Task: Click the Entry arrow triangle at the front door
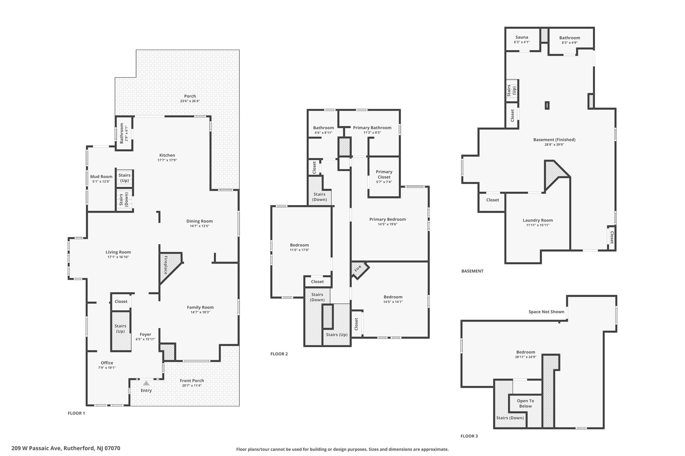tap(146, 383)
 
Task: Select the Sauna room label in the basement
tap(522, 37)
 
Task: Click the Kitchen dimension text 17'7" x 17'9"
tap(167, 160)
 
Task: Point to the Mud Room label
tap(101, 177)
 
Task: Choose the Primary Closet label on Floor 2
tap(384, 174)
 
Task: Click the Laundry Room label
tap(538, 220)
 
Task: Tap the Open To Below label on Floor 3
tap(525, 403)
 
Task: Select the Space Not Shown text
tap(546, 312)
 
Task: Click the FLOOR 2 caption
tap(279, 354)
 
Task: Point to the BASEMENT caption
tap(472, 271)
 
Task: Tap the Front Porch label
tap(192, 381)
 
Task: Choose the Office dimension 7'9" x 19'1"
tap(107, 367)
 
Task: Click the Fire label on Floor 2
tap(358, 268)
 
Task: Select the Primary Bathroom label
tap(372, 128)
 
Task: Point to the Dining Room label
tap(200, 221)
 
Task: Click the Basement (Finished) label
tap(554, 140)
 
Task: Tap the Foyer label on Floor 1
tap(145, 334)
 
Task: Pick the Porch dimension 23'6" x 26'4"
tap(190, 101)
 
